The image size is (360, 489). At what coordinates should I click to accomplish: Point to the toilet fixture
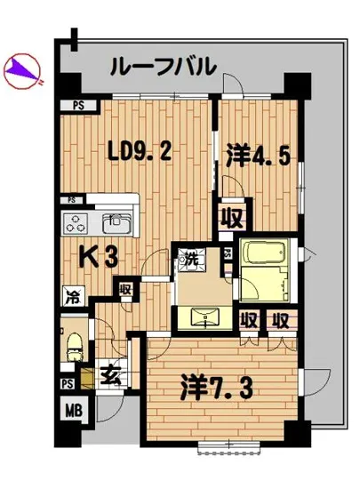pyautogui.click(x=75, y=342)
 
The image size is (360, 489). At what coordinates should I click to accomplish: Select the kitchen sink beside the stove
pyautogui.click(x=116, y=222)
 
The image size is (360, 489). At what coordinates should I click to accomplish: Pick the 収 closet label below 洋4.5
pyautogui.click(x=234, y=216)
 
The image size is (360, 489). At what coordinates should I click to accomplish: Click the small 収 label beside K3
pyautogui.click(x=126, y=289)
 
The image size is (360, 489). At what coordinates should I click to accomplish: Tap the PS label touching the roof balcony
pyautogui.click(x=79, y=106)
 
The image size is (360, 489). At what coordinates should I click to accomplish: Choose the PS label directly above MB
pyautogui.click(x=68, y=383)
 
